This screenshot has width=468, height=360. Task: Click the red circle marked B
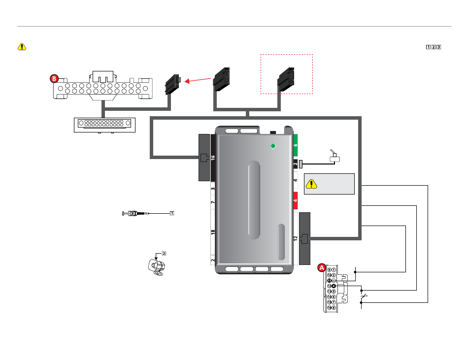[x=55, y=78]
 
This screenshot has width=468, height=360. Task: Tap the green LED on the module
[x=274, y=146]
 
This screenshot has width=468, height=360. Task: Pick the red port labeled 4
[x=296, y=200]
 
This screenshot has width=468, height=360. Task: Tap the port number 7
[x=213, y=202]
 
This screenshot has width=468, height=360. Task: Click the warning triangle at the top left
[x=22, y=47]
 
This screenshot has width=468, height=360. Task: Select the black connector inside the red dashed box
[x=286, y=79]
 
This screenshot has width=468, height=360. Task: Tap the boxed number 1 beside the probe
[x=172, y=213]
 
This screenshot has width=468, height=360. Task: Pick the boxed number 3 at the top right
[x=438, y=47]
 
